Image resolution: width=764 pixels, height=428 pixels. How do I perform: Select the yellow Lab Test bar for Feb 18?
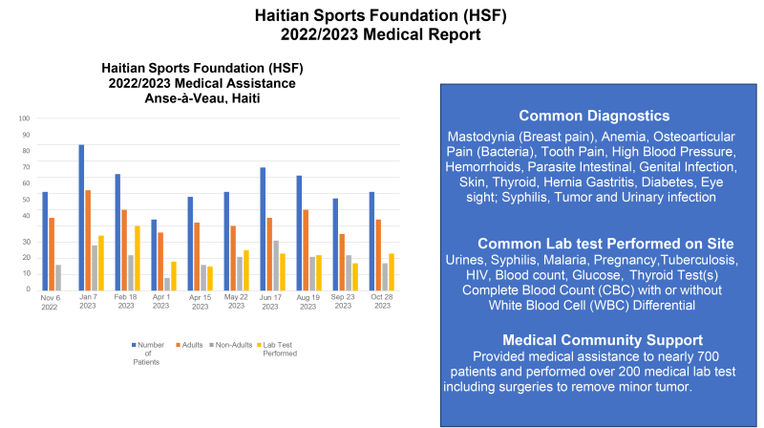(138, 258)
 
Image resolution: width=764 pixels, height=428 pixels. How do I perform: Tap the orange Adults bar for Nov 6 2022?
(53, 254)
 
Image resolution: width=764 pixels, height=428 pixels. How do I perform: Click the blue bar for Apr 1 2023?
(154, 254)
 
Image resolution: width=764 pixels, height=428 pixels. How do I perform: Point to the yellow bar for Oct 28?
(393, 271)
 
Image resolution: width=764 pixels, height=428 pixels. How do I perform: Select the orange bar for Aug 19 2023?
(306, 249)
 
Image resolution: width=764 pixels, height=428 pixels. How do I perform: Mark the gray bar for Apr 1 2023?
(167, 283)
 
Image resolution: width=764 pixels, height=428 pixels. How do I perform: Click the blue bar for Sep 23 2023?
(336, 244)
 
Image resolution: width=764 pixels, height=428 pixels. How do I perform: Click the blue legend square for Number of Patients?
(133, 342)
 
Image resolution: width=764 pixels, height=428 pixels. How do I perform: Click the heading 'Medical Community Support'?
(603, 340)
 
